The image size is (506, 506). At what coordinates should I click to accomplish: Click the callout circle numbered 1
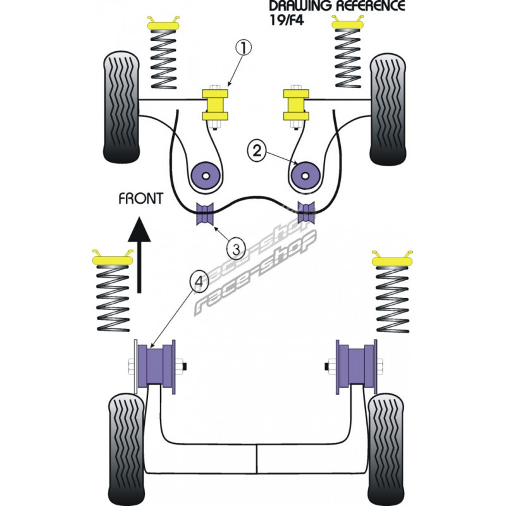[244, 47]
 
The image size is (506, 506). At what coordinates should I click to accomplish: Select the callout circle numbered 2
[257, 150]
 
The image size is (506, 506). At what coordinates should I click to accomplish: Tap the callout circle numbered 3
[236, 249]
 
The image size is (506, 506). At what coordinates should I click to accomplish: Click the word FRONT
[140, 197]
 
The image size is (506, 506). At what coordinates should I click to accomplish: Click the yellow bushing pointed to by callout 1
[216, 105]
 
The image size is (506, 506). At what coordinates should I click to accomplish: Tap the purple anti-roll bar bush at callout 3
[206, 214]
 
